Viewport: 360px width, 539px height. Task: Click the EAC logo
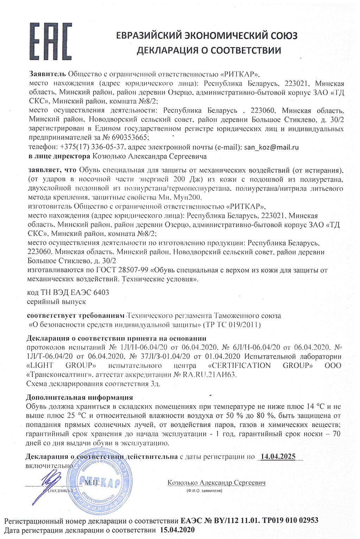click(x=51, y=41)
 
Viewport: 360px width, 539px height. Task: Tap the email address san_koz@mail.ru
click(x=271, y=147)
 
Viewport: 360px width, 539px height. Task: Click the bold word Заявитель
click(x=48, y=74)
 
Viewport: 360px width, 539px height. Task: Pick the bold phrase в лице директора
click(x=59, y=156)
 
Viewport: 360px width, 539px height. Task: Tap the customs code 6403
click(x=101, y=293)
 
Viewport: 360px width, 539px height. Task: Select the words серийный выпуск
click(x=56, y=302)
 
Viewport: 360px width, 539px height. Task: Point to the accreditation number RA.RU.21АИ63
click(x=209, y=375)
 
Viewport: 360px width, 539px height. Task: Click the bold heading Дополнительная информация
click(x=80, y=398)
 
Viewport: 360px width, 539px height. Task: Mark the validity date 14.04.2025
click(x=278, y=457)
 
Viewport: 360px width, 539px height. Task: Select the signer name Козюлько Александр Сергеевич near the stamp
click(x=216, y=483)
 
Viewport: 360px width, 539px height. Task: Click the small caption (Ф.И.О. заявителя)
click(x=204, y=491)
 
